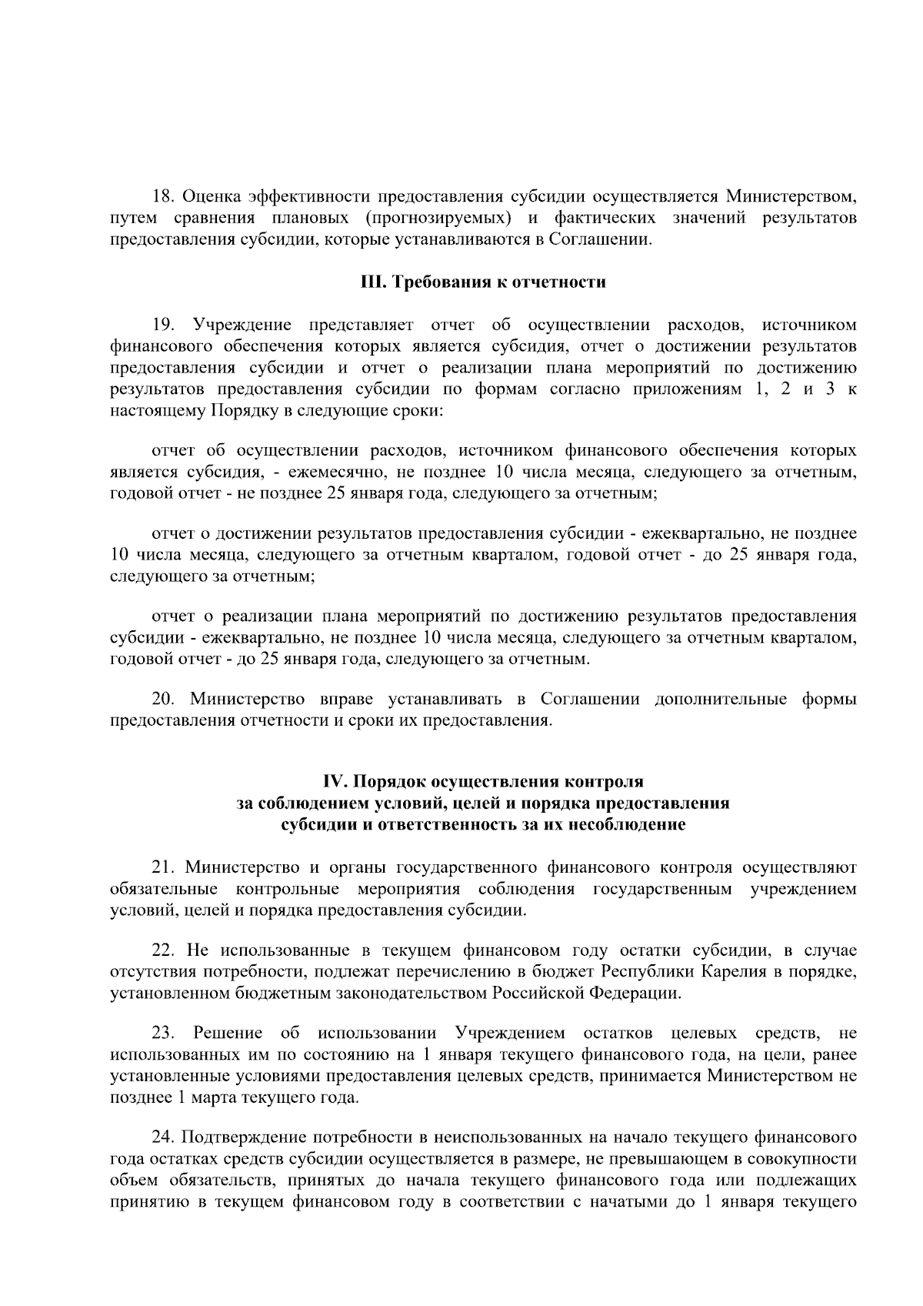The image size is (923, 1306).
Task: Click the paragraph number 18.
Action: (x=163, y=197)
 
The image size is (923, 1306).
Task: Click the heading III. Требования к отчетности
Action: (x=483, y=282)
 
